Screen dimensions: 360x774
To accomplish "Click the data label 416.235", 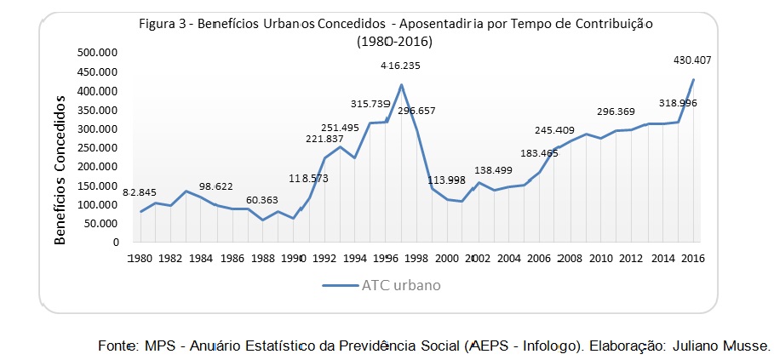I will (x=400, y=66).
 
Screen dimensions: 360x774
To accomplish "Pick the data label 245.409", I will (x=555, y=130).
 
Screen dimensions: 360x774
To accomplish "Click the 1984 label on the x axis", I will (x=202, y=259).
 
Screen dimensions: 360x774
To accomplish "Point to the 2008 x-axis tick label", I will (x=570, y=259).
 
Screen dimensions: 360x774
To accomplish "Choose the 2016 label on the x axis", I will (x=693, y=259).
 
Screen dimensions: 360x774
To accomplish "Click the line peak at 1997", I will (x=401, y=84).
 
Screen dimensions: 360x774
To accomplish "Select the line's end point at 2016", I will (x=693, y=79).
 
